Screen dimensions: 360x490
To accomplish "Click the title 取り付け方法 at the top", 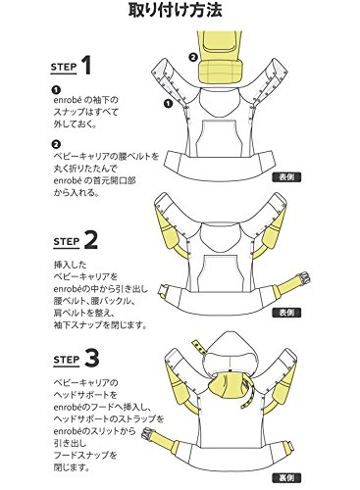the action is tap(176, 11).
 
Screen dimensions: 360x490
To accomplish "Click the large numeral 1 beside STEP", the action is tap(85, 65).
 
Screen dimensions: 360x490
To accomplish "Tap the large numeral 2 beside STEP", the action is tap(90, 239).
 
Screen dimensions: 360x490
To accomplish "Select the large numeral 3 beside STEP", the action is tap(91, 358).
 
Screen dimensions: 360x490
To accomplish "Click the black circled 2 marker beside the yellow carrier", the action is tap(193, 57).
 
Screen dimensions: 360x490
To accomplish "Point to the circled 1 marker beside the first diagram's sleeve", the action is tap(168, 104).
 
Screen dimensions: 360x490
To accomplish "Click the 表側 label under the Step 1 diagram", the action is tap(286, 177).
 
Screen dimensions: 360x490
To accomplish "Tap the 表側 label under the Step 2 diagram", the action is tap(286, 313).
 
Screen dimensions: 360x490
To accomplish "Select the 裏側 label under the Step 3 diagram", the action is tap(286, 478).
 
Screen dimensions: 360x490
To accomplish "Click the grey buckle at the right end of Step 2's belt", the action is tap(305, 278).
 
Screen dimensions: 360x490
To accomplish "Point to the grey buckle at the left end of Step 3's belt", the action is tap(149, 433).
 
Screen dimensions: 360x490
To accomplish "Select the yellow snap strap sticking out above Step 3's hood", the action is tap(198, 346).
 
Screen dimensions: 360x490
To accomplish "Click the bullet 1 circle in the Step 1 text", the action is tap(57, 89).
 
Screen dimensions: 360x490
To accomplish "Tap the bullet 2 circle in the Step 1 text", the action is tap(57, 144).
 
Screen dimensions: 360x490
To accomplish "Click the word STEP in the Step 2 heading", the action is tap(66, 242).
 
